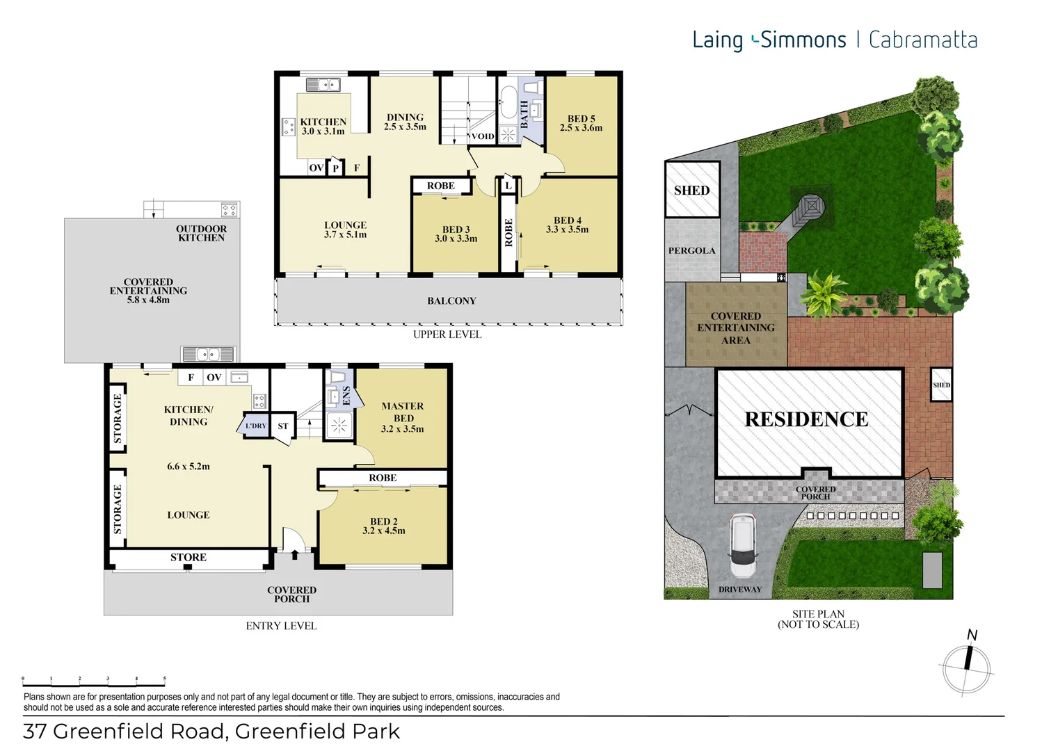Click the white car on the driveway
[742, 546]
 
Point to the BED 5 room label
[581, 119]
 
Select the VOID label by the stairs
[483, 136]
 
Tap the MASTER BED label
[403, 412]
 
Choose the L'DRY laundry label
[255, 426]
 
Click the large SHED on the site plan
[692, 190]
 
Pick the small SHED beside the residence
[941, 385]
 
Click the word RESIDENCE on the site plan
[806, 419]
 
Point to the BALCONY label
[451, 301]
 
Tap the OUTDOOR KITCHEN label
[201, 233]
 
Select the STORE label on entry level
[189, 557]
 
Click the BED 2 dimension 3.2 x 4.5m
[384, 531]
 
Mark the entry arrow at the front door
[294, 554]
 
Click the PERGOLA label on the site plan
[691, 250]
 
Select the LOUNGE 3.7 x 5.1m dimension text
[345, 234]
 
